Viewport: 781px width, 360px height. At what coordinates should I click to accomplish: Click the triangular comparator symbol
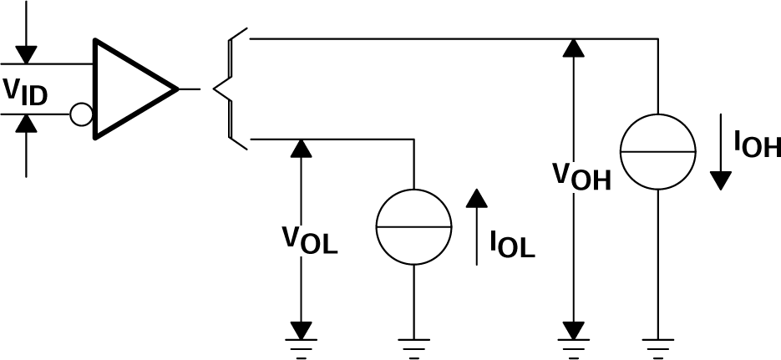129,88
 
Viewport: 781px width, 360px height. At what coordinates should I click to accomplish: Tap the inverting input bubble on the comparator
81,114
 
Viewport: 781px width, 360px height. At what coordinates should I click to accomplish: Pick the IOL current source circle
413,226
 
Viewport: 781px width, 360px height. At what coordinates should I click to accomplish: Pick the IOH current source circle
657,151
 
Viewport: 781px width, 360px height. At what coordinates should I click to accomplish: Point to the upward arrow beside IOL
476,226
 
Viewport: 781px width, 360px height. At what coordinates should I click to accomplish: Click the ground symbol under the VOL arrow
298,344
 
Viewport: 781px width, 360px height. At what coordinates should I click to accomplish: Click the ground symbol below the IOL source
413,344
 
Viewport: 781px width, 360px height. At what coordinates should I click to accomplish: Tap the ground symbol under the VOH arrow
573,344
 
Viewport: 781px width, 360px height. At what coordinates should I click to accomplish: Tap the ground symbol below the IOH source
657,344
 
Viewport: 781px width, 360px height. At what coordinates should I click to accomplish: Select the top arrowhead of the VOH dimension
573,48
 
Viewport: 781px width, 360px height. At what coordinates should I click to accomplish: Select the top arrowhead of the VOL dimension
298,149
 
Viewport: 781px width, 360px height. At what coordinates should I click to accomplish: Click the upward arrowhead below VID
27,124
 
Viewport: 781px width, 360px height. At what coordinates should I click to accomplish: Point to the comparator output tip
177,88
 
